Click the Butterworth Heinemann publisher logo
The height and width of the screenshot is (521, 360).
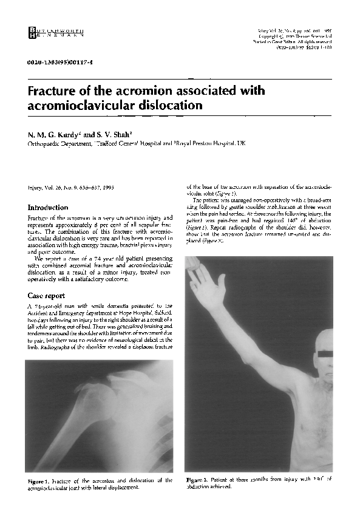point(55,34)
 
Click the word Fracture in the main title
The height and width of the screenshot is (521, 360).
point(55,91)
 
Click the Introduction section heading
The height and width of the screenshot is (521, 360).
point(48,208)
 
